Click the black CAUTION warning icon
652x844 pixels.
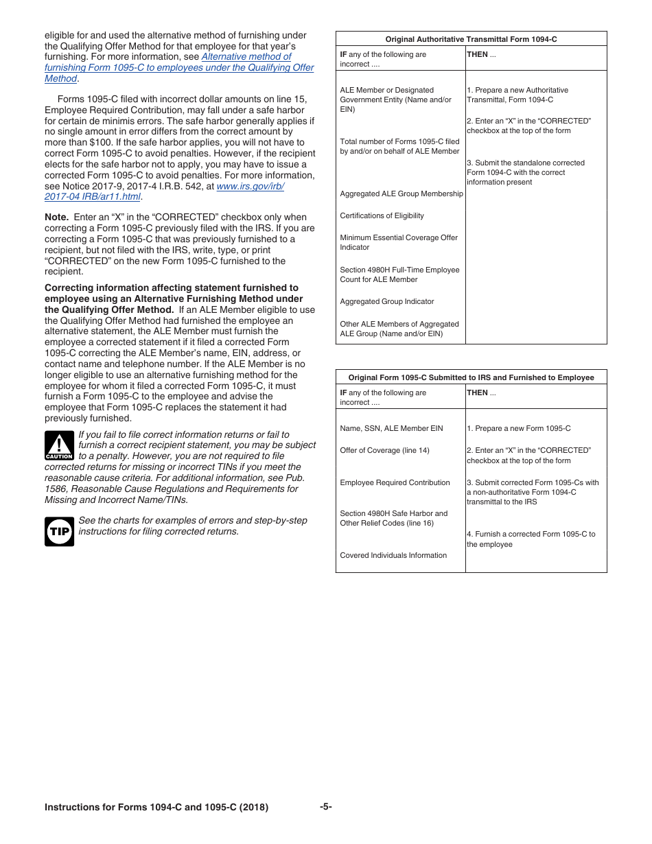(x=59, y=446)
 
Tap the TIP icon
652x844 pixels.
(x=59, y=532)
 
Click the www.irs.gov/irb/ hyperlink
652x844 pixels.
(x=250, y=186)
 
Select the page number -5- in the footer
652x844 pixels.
(x=325, y=807)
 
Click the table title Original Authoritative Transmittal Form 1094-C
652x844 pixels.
(x=471, y=40)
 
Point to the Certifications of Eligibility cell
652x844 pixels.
(x=382, y=215)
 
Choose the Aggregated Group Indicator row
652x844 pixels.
(x=386, y=301)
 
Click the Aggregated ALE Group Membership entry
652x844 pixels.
(x=401, y=194)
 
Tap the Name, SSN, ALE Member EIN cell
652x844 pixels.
(x=391, y=428)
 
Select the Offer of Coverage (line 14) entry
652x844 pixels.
(x=384, y=450)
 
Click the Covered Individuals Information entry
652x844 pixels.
(x=393, y=555)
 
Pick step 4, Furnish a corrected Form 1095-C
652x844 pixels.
(x=531, y=539)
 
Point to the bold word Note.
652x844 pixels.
(x=56, y=218)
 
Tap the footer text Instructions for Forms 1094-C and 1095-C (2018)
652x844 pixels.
(x=156, y=808)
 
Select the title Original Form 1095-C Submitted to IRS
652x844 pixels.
(x=471, y=377)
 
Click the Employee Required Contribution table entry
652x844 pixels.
(x=395, y=482)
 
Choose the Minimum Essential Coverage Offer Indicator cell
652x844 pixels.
(x=398, y=242)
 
